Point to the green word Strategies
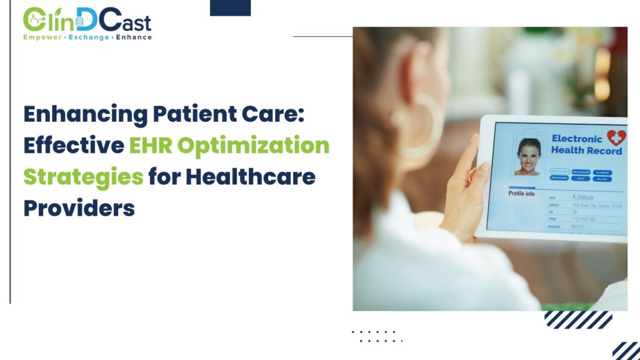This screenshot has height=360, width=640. [x=83, y=177]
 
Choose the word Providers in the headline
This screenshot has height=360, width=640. [x=79, y=207]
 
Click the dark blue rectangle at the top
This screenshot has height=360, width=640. [x=230, y=7]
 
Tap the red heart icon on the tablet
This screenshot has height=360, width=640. [x=616, y=138]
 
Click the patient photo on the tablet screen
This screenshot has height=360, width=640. [x=529, y=156]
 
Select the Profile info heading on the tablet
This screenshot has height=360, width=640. [x=521, y=193]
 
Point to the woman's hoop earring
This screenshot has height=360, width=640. [x=422, y=125]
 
